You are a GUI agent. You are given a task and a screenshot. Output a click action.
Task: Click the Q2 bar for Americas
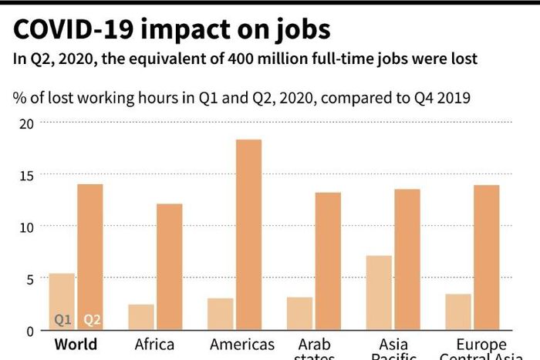(x=248, y=234)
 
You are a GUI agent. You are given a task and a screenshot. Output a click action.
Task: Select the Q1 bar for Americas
(x=220, y=314)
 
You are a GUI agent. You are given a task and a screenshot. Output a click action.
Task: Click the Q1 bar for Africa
(x=141, y=317)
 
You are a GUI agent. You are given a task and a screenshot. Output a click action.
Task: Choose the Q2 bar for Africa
(x=169, y=267)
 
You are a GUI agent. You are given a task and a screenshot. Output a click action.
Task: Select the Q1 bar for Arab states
(x=299, y=313)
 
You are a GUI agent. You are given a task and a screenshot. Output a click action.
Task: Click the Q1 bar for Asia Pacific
(x=379, y=292)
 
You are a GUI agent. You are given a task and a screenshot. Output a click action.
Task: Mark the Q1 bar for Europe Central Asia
(x=458, y=311)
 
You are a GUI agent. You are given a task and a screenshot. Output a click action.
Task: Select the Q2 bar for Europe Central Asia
(x=486, y=257)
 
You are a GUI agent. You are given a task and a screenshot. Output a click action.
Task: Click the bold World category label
(x=76, y=344)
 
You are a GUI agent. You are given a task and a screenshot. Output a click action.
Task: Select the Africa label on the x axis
(x=154, y=344)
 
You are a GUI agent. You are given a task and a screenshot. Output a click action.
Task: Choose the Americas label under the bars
(x=241, y=344)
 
